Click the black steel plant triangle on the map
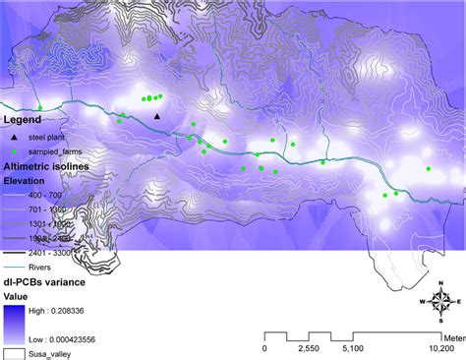[x=157, y=117]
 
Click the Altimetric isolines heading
[x=46, y=168]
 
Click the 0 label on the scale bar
[x=264, y=347]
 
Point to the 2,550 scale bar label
[x=307, y=347]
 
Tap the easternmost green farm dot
[x=429, y=169]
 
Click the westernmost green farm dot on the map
[x=40, y=107]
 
